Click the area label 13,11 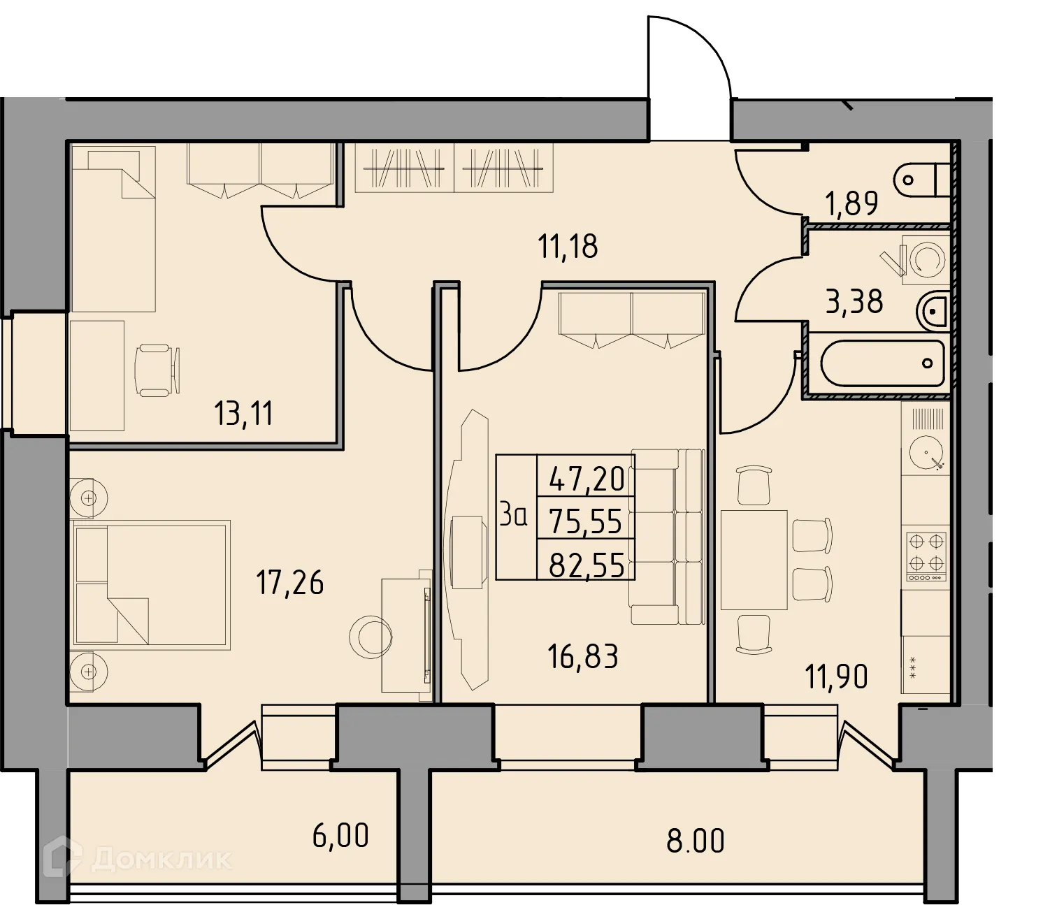click(x=243, y=414)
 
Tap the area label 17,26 click(x=290, y=582)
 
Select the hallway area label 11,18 click(x=568, y=247)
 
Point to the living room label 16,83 click(x=583, y=657)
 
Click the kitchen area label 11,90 click(x=836, y=676)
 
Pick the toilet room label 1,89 click(x=851, y=204)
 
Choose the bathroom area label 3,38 click(x=854, y=302)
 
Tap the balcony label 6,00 click(x=340, y=836)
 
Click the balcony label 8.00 click(x=695, y=841)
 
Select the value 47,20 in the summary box click(x=587, y=479)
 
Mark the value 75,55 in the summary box click(x=586, y=521)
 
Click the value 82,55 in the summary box click(x=586, y=565)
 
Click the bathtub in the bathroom click(x=880, y=363)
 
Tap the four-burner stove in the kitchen click(x=926, y=556)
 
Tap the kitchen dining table click(x=754, y=560)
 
